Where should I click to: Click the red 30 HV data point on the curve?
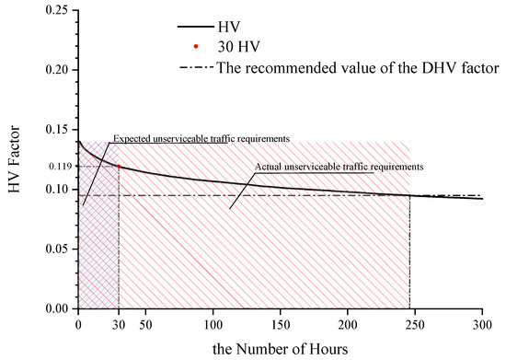coord(119,167)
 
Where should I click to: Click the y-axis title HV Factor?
coord(15,161)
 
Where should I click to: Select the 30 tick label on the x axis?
coord(119,324)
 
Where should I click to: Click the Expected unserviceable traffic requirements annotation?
coord(201,138)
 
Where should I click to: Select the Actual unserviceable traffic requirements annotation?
coord(338,167)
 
